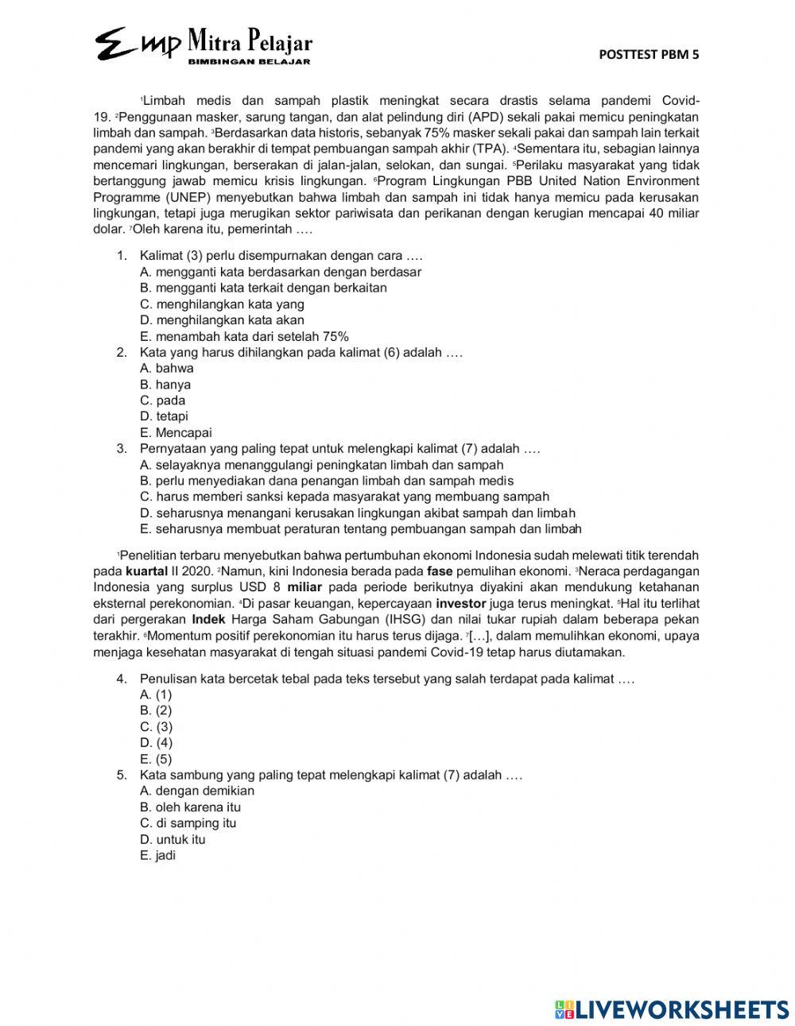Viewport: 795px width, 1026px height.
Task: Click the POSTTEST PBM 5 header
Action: pos(649,54)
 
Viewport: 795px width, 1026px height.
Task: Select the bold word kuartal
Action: pos(146,571)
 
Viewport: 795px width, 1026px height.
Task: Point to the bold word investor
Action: pos(461,603)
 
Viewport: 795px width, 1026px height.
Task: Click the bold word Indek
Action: pos(209,619)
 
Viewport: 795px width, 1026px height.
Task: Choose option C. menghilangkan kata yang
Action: pos(222,304)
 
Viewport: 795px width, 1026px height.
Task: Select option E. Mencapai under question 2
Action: pos(176,432)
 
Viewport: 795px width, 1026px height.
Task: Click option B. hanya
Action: pos(165,384)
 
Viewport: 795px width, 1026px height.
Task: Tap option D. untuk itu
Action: pos(173,839)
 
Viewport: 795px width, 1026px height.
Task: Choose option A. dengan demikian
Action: pos(197,791)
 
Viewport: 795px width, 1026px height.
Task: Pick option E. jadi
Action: pos(157,855)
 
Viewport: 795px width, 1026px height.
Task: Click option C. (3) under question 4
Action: pos(156,726)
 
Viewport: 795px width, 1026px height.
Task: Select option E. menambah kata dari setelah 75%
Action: pos(244,336)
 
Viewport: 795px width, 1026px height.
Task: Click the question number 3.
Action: pos(122,448)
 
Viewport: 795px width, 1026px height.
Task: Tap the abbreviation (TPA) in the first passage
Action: pos(491,149)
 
